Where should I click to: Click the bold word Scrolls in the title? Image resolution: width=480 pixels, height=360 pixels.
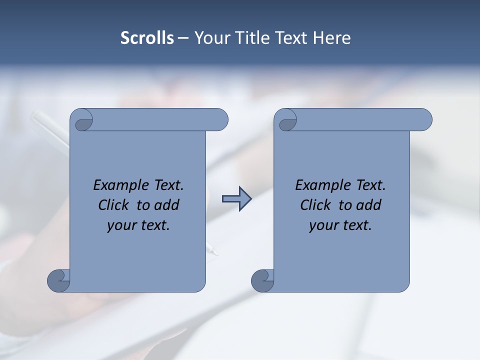[x=147, y=38]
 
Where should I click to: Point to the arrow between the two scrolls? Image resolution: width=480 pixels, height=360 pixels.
[x=236, y=199]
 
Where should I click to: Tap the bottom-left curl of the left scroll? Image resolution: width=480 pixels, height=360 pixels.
[x=58, y=280]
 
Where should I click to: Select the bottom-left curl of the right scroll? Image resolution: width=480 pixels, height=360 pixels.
[x=262, y=280]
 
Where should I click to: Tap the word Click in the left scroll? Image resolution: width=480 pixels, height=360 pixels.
[x=113, y=205]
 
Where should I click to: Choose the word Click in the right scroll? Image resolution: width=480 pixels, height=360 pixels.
[x=315, y=205]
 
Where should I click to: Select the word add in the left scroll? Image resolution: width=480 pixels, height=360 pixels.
[x=166, y=205]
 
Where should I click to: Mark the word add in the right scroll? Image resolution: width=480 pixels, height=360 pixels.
[x=368, y=205]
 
